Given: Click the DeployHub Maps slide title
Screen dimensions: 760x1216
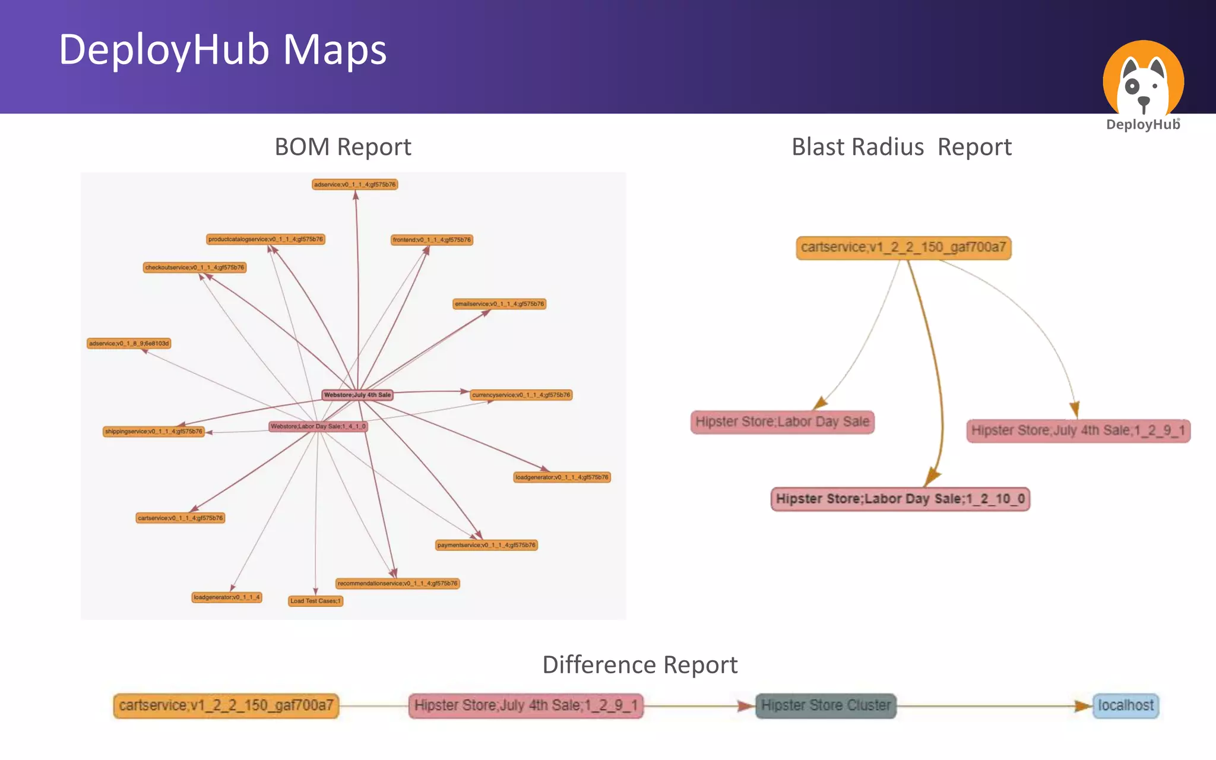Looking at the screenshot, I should point(223,50).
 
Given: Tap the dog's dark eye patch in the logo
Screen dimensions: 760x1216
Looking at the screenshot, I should point(1132,87).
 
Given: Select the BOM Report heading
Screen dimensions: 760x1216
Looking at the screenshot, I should point(343,147).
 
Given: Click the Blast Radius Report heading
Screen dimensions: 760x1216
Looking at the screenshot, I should point(901,147).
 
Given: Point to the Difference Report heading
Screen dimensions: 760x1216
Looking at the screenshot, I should point(639,664).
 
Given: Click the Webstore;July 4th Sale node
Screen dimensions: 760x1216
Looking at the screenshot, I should point(357,395).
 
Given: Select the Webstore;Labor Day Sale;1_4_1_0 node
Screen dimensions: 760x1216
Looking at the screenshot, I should point(318,426).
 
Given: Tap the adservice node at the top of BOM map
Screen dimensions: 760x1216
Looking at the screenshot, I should point(354,185).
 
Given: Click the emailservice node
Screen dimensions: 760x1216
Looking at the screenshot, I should point(499,304).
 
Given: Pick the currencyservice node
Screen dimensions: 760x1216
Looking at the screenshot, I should point(521,395).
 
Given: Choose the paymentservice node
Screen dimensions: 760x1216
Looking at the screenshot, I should point(486,545).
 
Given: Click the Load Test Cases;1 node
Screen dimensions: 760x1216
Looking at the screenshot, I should point(315,601).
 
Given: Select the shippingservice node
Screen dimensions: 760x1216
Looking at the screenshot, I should point(154,432).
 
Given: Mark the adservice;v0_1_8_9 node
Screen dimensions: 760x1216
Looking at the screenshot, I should point(129,343).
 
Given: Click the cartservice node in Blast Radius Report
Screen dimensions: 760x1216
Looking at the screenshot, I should point(903,248).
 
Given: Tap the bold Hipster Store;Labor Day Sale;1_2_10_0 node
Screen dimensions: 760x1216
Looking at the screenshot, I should point(900,499).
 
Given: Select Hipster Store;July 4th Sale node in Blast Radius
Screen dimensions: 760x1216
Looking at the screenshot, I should point(1078,430).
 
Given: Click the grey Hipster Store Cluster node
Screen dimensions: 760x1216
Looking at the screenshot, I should point(825,705).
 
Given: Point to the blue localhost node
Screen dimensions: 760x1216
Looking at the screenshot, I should point(1125,705).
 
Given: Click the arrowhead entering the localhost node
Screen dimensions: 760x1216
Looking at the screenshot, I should point(1084,706).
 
